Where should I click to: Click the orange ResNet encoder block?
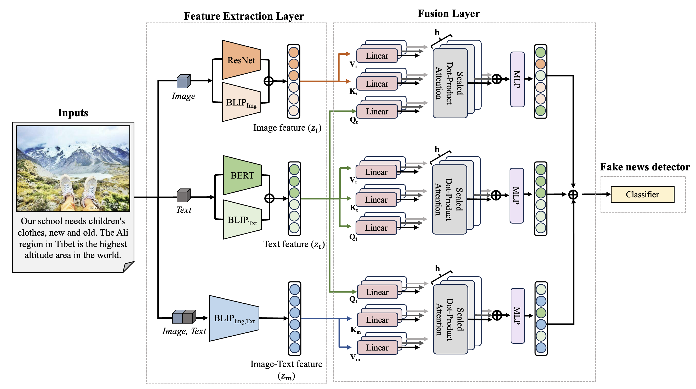[241, 60]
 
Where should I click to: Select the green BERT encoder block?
[242, 175]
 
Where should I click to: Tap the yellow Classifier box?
[642, 194]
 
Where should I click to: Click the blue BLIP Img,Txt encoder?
[234, 318]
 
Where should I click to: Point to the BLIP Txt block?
[242, 220]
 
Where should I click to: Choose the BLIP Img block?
[241, 103]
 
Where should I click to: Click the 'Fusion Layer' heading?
[448, 14]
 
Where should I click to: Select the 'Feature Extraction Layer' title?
[244, 16]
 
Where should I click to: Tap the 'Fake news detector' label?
[645, 167]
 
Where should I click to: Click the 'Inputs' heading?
[73, 113]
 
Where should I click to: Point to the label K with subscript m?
[355, 330]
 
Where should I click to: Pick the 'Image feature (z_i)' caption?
[287, 128]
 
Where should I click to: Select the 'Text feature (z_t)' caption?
[294, 244]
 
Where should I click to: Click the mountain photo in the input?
[73, 168]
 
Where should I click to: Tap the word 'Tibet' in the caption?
[65, 244]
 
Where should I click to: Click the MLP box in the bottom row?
[517, 316]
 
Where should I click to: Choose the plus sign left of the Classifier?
[573, 194]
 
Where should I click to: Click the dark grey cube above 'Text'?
[184, 196]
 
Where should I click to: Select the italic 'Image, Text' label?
[184, 331]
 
